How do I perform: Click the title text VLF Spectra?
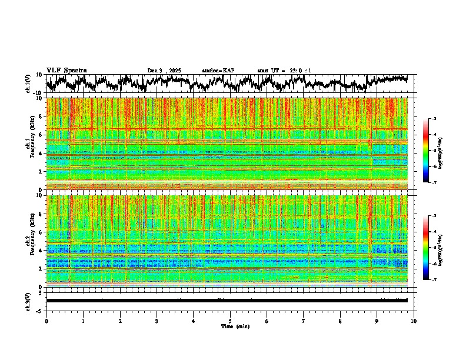(66, 70)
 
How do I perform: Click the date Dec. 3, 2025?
(164, 71)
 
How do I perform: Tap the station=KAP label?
(218, 71)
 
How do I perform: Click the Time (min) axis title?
(235, 326)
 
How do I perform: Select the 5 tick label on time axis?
(230, 321)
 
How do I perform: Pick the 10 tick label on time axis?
(414, 321)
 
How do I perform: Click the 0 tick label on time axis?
(46, 321)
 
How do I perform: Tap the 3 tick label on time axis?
(157, 321)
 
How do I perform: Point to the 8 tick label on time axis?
(340, 321)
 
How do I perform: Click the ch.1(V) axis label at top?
(28, 84)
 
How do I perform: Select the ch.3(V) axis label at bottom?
(28, 300)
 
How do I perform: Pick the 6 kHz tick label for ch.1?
(42, 135)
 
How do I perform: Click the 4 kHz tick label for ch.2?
(42, 251)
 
